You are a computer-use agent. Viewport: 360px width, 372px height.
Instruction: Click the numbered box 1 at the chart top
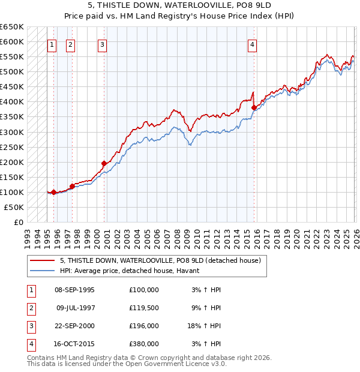pos(52,44)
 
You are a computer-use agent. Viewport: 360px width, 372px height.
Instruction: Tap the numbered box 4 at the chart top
pos(253,44)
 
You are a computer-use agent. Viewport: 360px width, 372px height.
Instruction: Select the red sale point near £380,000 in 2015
pos(254,108)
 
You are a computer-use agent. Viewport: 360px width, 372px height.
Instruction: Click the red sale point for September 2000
pos(104,163)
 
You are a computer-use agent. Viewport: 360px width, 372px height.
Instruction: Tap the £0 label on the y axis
pos(18,222)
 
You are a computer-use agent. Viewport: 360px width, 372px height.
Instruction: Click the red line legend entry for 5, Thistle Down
pos(160,261)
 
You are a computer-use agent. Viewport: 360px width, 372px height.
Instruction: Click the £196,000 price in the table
pos(144,326)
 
